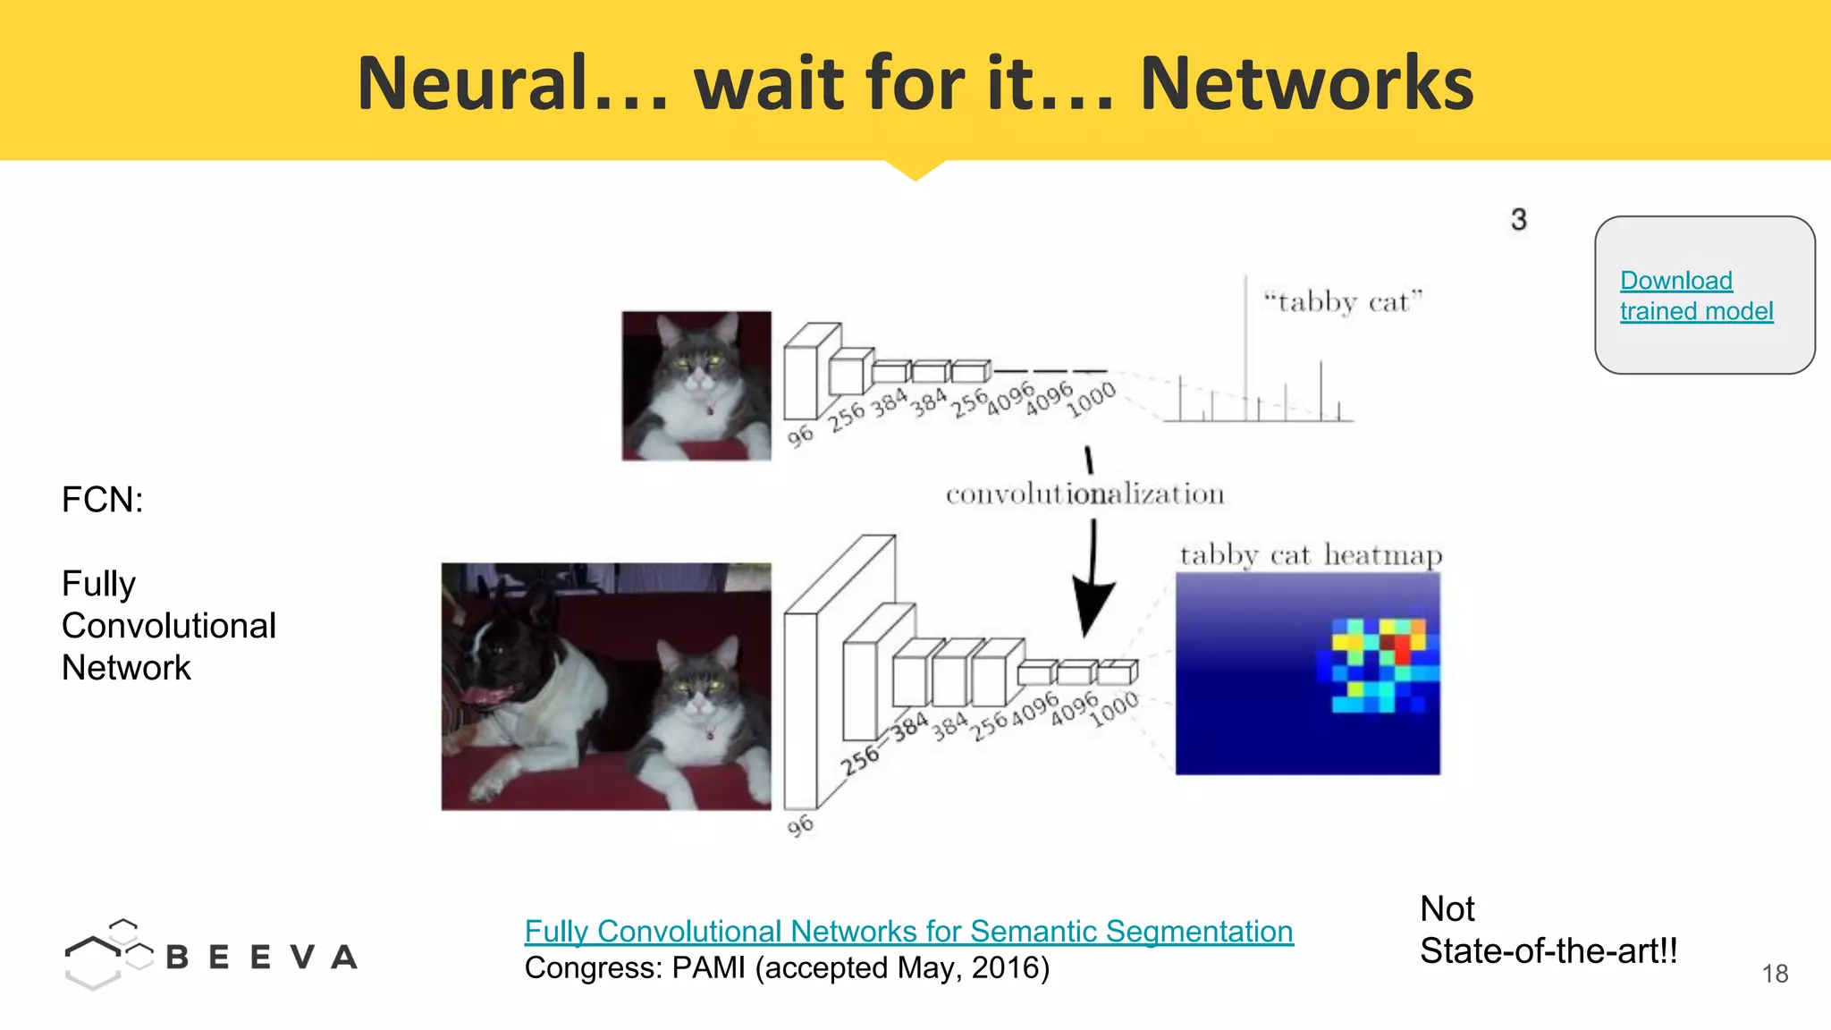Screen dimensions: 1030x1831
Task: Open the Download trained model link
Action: pos(1695,296)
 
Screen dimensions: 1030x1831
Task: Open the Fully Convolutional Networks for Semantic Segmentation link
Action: pos(908,932)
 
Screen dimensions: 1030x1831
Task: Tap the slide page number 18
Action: pos(1775,974)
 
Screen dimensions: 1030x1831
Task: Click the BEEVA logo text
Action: pos(261,958)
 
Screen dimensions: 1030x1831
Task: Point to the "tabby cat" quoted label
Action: pos(1342,302)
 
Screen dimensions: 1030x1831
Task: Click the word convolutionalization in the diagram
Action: pos(1084,494)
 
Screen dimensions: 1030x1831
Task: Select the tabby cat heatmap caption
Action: pos(1310,555)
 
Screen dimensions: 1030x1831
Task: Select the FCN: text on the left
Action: pos(102,500)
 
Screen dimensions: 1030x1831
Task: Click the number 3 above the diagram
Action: pos(1518,220)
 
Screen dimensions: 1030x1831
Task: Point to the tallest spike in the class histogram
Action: pos(1245,340)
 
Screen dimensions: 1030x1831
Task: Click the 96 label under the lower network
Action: pos(800,825)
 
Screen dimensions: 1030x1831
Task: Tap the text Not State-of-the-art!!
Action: pos(1548,930)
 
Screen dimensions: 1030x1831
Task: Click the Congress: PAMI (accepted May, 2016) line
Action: pos(787,968)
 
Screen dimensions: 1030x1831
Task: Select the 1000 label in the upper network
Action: pos(1092,399)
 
